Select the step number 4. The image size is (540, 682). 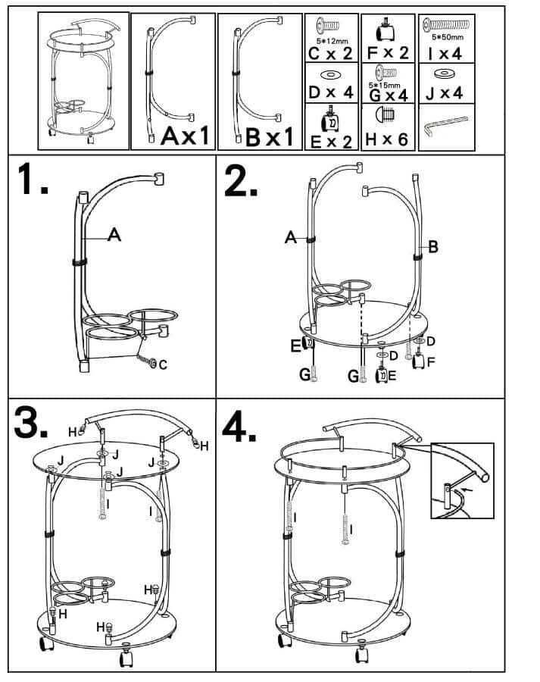240,429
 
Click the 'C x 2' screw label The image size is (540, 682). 331,53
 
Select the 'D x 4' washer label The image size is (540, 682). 331,93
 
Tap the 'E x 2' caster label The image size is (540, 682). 331,141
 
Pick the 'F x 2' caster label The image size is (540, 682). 387,53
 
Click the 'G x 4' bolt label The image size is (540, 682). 387,95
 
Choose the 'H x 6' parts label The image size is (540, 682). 387,141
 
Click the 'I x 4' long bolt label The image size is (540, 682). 446,53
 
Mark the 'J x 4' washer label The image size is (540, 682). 446,93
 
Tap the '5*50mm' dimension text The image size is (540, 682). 447,36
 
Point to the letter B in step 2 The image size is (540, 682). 433,246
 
